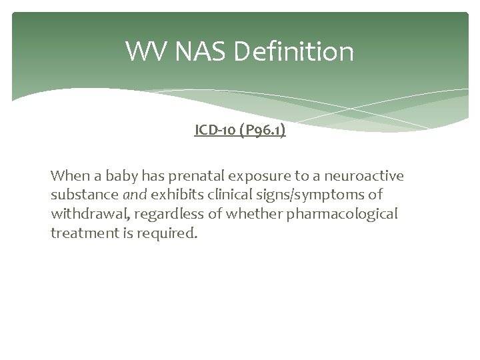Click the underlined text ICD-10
click(217, 131)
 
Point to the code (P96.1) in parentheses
click(264, 131)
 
